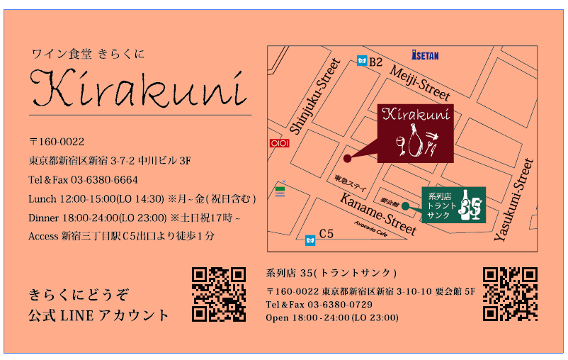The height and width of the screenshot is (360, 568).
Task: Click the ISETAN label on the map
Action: coord(425,54)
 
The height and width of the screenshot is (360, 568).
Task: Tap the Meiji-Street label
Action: coord(420,82)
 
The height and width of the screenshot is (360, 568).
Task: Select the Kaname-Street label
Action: coord(378,213)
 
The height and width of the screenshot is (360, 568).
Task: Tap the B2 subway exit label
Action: coord(375,62)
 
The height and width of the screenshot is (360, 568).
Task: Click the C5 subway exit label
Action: coord(326,233)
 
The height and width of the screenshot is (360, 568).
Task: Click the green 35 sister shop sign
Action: coord(453,205)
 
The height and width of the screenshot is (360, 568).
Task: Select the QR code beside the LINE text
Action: coord(219,294)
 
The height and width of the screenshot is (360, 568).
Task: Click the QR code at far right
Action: coord(510,294)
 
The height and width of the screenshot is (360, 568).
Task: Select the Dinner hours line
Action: coord(135,217)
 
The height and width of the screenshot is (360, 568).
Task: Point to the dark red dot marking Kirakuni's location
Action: coord(347,159)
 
